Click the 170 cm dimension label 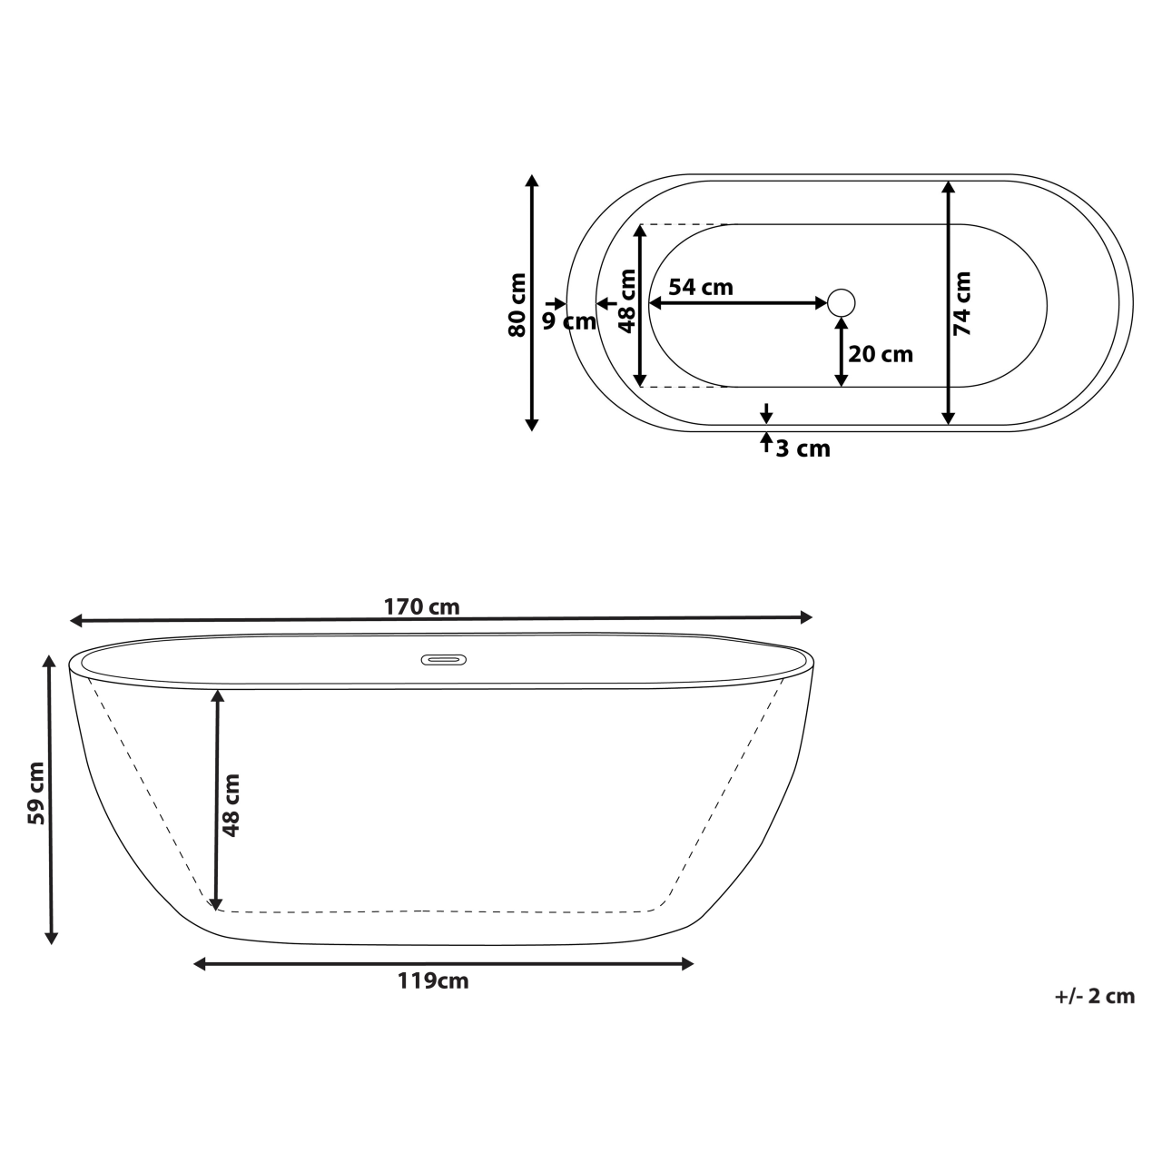[421, 606]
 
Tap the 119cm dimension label [433, 980]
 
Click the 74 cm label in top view [962, 304]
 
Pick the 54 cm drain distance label [700, 287]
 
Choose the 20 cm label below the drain [880, 354]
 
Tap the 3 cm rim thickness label [803, 448]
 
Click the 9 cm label [569, 320]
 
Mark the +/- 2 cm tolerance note [1095, 996]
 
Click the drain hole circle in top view [842, 302]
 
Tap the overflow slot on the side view [443, 659]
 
